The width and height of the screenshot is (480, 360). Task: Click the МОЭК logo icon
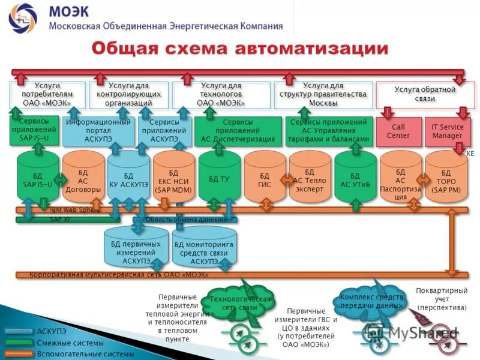click(x=22, y=17)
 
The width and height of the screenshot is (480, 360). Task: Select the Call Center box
click(x=398, y=131)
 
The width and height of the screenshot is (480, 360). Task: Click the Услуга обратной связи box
click(x=424, y=94)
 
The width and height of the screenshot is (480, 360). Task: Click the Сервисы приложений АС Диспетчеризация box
click(x=238, y=131)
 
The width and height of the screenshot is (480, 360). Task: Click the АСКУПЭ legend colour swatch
click(x=17, y=331)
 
